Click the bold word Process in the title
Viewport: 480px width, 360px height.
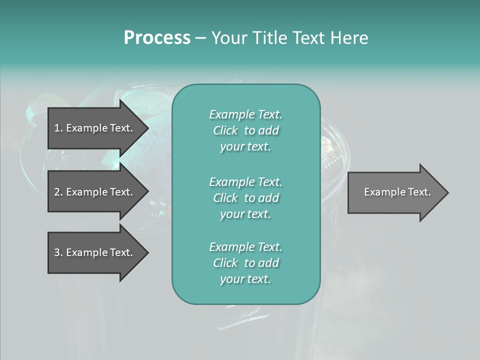[157, 38]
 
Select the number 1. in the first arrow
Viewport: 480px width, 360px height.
[58, 128]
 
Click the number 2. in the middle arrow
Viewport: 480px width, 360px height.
[58, 192]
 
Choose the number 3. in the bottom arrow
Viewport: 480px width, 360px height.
[58, 252]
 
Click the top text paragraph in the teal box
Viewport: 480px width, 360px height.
[245, 130]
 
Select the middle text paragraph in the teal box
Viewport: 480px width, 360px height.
[245, 198]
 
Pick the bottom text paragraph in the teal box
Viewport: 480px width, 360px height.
[245, 263]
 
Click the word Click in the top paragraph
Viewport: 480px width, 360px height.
[225, 130]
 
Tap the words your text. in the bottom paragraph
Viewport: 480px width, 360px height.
[245, 279]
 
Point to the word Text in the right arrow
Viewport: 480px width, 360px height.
[419, 192]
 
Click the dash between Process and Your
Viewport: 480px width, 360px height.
[200, 38]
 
